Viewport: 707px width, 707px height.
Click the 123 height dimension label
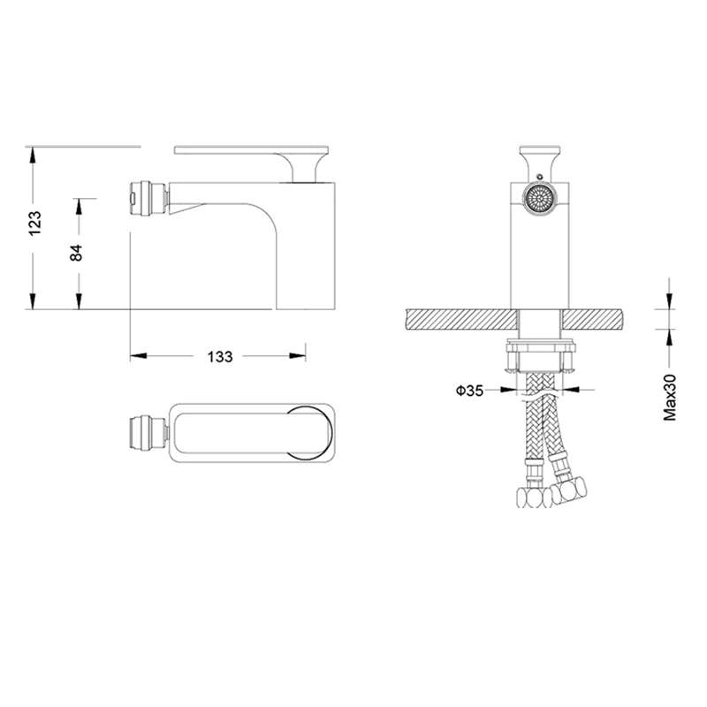click(x=34, y=223)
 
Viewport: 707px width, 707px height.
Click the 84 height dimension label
click(x=76, y=253)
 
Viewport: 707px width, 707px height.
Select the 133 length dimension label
click(x=219, y=357)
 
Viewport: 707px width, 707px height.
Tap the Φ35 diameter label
click(x=469, y=390)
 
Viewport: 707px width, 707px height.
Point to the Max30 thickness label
click(x=670, y=397)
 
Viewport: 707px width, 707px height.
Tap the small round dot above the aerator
click(x=539, y=176)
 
